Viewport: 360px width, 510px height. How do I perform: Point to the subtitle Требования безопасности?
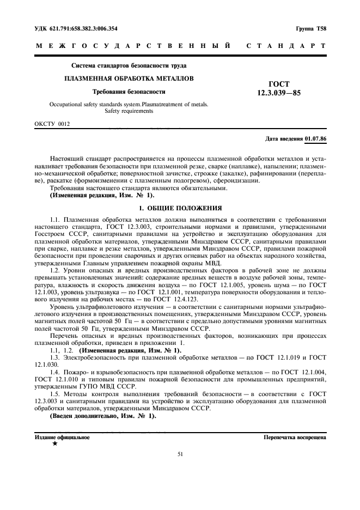(129, 92)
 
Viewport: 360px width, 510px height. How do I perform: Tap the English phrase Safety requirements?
(129, 111)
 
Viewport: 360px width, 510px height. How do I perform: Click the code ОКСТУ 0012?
(52, 124)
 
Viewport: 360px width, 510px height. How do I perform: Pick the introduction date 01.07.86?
(316, 139)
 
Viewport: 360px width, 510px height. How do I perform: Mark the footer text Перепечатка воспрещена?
(295, 437)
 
